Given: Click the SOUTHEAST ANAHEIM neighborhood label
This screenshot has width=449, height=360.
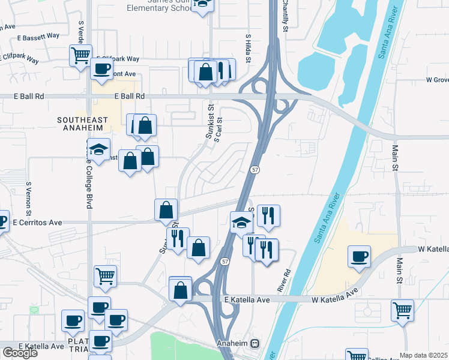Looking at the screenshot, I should coord(82,124).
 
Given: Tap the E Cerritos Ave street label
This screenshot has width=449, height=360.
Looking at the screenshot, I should coord(37,222).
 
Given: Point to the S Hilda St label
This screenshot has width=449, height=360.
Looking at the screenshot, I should coord(247,47).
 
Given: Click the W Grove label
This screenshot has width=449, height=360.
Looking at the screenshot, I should coord(437,79).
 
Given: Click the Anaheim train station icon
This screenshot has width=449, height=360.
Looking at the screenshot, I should coord(255,344).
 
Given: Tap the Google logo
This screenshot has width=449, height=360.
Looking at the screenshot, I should coord(20,353).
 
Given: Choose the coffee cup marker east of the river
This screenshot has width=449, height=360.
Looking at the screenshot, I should coord(360,256).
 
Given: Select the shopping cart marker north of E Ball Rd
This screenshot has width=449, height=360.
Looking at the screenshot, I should coord(80,55).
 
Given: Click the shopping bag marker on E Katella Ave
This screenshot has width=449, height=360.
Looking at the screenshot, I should coord(180,290).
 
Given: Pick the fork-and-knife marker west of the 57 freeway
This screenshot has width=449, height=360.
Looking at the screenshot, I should coord(178,238).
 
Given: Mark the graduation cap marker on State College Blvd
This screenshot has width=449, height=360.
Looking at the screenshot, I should coord(98,149).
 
